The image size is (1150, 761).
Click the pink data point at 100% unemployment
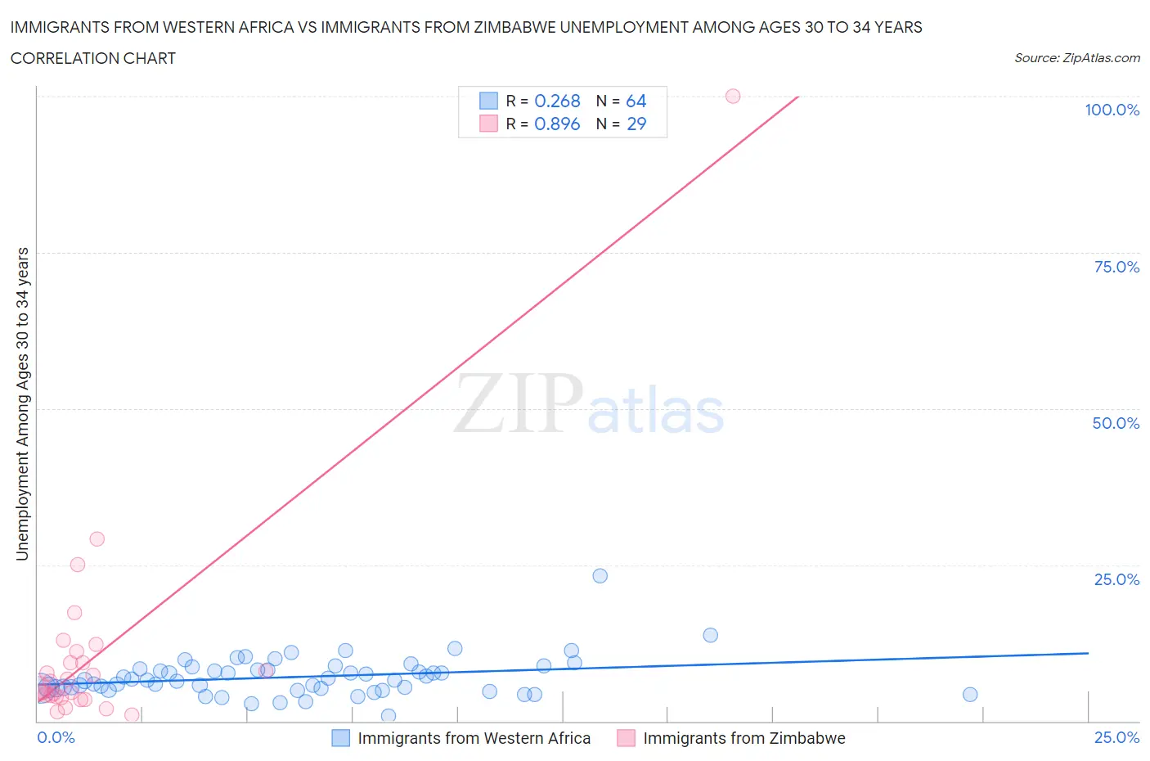point(733,97)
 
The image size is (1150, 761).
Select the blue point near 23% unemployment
point(600,576)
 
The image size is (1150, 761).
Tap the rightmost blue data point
point(970,695)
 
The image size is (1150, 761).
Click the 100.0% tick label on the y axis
point(1112,110)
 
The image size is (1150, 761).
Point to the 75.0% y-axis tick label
point(1116,268)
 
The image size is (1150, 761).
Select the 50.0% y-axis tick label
point(1116,424)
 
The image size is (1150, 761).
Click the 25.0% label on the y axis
point(1116,580)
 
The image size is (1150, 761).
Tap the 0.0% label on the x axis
point(56,738)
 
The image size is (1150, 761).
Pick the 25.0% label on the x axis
point(1116,738)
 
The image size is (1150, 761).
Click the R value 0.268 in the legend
point(557,101)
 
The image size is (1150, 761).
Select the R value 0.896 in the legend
point(557,124)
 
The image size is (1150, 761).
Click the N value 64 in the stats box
point(636,101)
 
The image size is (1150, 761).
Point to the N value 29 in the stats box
point(636,124)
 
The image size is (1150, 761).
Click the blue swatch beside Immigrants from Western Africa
point(340,738)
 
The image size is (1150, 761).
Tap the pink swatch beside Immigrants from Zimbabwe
point(626,738)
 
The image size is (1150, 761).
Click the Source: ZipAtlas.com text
point(1076,58)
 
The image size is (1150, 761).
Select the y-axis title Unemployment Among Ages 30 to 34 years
point(23,404)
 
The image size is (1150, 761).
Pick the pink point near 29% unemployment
point(97,539)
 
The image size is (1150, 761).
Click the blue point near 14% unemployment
point(710,636)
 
